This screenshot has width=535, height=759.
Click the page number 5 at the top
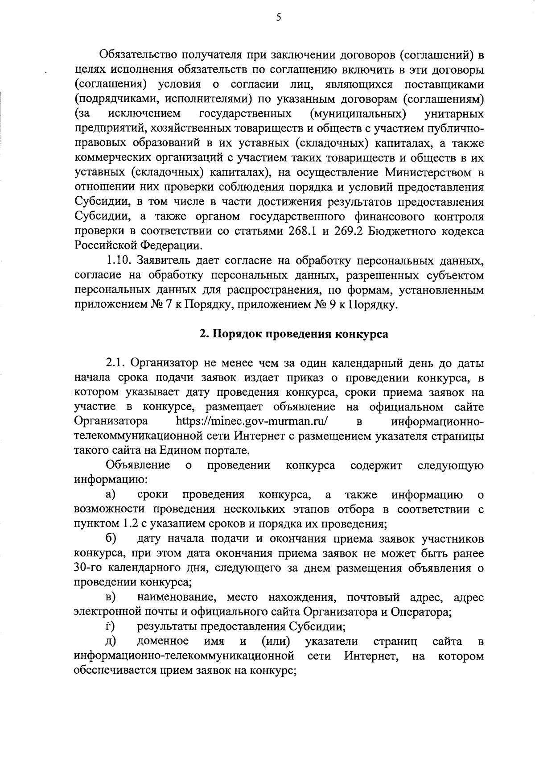point(279,17)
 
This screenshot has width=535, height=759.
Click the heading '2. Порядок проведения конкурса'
point(293,334)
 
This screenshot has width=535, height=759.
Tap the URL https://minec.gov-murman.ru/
point(252,421)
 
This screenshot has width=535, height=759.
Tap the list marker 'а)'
point(111,495)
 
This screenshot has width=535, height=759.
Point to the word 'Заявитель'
point(164,261)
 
